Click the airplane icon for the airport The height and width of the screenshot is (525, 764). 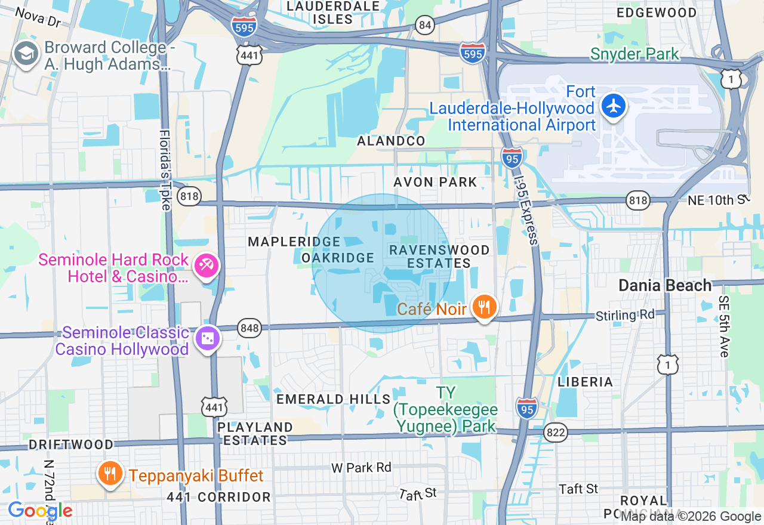[x=613, y=107]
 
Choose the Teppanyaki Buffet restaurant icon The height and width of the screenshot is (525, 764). [x=109, y=475]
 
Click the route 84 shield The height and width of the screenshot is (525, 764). [x=425, y=25]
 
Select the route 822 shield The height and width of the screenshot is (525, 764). [x=556, y=433]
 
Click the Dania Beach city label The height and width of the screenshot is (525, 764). [x=665, y=285]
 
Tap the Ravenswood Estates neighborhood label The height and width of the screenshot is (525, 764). [x=439, y=257]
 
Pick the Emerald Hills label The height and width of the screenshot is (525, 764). [x=333, y=399]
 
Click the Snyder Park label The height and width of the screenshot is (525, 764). [x=634, y=54]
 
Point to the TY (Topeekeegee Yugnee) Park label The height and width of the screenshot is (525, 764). [x=445, y=409]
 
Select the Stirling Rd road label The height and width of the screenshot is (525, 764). [x=625, y=315]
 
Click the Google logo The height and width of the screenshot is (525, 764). [x=40, y=511]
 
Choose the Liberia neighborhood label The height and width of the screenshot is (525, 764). [x=585, y=382]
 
